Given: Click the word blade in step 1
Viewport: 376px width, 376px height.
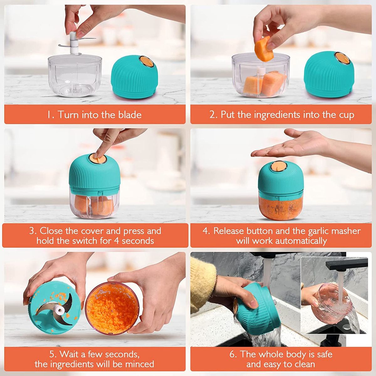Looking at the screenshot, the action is click(130, 115).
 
